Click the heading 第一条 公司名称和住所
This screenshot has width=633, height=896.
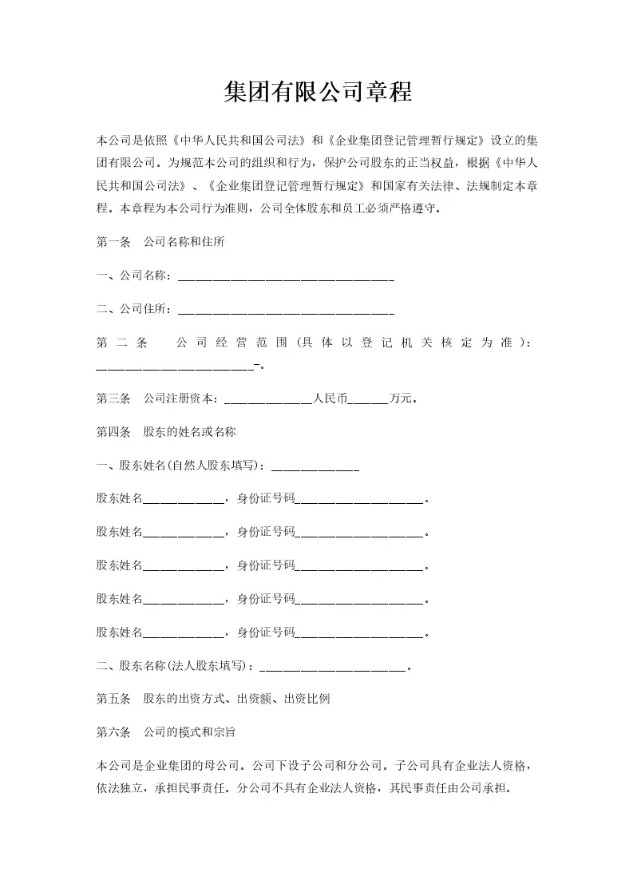tap(160, 243)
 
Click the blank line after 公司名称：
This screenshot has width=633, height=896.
tap(286, 277)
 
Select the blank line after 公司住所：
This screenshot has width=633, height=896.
tap(286, 310)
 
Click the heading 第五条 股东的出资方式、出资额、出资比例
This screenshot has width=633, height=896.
tap(213, 699)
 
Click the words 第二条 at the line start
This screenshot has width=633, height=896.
tap(121, 343)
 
